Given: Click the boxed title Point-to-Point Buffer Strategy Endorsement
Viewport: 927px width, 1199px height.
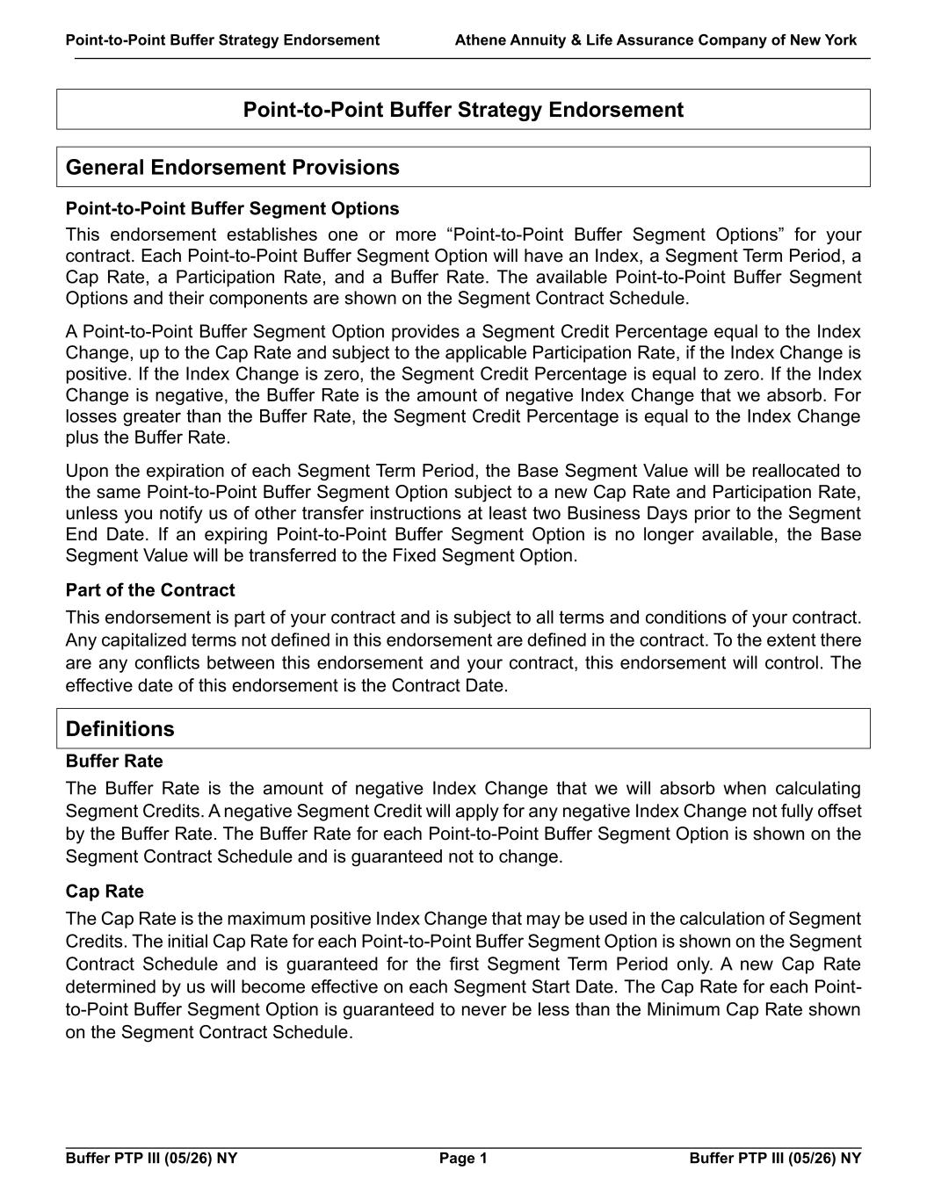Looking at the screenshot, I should tap(463, 110).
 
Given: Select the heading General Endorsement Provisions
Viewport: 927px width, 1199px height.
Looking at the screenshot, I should tap(232, 168).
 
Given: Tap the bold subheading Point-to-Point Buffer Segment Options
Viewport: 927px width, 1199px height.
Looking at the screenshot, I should tap(232, 208).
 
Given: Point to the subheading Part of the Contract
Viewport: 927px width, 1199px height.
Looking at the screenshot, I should tap(150, 590).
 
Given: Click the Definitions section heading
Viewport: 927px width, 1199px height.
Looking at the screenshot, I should tap(120, 729).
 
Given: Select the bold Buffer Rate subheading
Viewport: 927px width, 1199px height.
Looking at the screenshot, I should tap(114, 761).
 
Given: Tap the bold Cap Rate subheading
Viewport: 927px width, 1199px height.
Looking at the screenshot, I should tap(105, 892).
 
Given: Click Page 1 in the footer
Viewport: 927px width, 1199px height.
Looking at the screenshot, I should tap(463, 1159).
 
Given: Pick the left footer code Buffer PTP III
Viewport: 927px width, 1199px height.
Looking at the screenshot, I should tap(151, 1159).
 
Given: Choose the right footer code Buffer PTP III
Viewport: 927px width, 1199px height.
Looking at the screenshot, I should tap(775, 1159).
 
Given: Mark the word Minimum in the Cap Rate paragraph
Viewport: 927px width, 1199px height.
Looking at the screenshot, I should tap(683, 1009).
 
